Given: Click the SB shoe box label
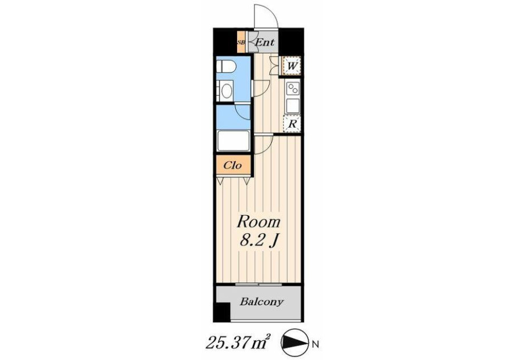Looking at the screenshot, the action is pyautogui.click(x=241, y=42).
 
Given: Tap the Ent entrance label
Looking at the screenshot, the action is pyautogui.click(x=265, y=42).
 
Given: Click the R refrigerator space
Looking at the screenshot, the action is pyautogui.click(x=292, y=124).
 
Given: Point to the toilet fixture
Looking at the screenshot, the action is pyautogui.click(x=226, y=66).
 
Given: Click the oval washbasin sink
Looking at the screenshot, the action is pyautogui.click(x=227, y=91).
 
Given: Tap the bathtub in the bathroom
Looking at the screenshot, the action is pyautogui.click(x=233, y=141).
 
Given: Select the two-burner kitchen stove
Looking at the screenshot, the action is pyautogui.click(x=293, y=89).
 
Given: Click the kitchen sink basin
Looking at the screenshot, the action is pyautogui.click(x=293, y=106).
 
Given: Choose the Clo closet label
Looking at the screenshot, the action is pyautogui.click(x=232, y=165).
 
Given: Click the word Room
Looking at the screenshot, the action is pyautogui.click(x=259, y=222).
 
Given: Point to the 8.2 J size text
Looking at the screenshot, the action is pyautogui.click(x=259, y=240).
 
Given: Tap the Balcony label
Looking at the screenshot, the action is pyautogui.click(x=261, y=302).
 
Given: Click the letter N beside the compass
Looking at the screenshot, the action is pyautogui.click(x=315, y=344).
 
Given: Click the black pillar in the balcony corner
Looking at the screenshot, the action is pyautogui.click(x=222, y=312).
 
